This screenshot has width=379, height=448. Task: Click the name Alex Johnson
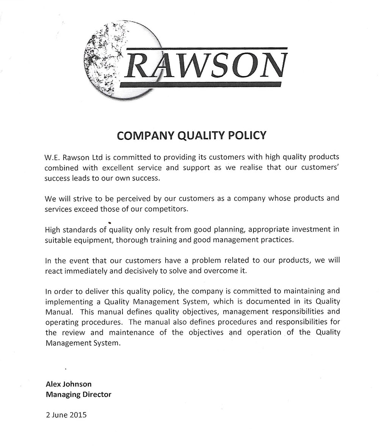[69, 384]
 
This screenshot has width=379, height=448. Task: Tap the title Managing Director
[78, 394]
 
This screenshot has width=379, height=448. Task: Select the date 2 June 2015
[66, 415]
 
